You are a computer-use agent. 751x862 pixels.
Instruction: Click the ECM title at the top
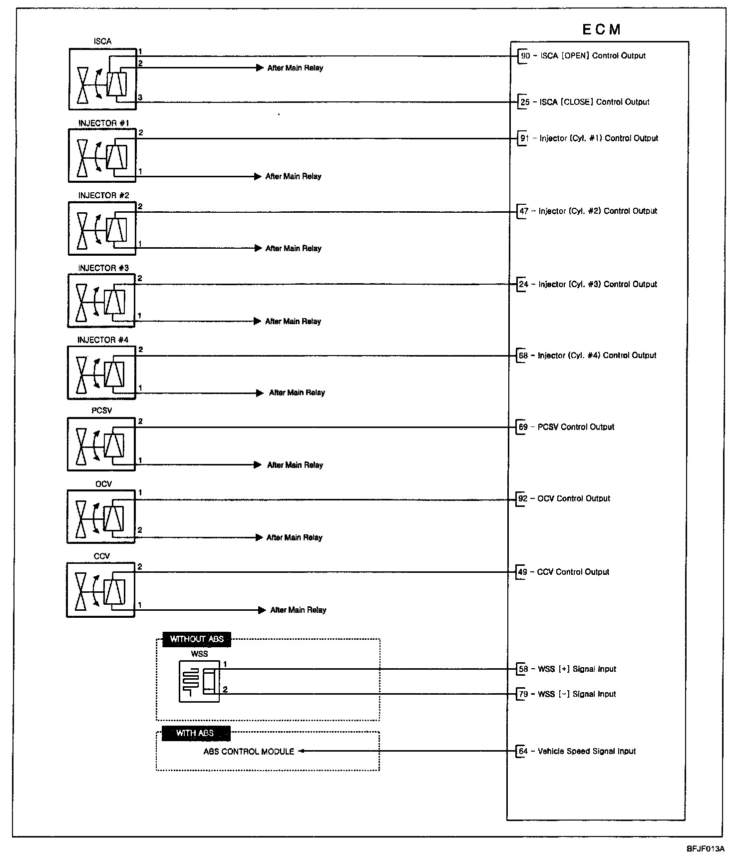(x=601, y=29)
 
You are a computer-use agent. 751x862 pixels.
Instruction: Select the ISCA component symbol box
(x=102, y=79)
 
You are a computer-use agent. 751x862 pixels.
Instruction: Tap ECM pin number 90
(x=525, y=56)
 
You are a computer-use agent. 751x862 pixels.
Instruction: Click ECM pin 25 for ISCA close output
(x=525, y=102)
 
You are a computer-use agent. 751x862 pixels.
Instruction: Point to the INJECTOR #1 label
(x=104, y=123)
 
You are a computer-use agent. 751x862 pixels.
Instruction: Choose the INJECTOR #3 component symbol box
(x=101, y=301)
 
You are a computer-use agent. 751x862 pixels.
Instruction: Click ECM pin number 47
(x=524, y=211)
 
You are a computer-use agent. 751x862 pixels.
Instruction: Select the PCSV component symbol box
(x=101, y=444)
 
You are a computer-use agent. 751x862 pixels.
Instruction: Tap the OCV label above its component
(x=103, y=483)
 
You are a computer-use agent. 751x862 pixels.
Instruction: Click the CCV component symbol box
(x=100, y=590)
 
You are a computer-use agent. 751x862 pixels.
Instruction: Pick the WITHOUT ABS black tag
(x=197, y=639)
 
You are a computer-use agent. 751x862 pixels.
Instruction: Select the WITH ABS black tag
(x=195, y=733)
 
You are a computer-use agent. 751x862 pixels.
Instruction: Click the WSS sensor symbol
(x=199, y=681)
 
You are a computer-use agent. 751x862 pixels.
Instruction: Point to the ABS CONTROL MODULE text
(x=249, y=751)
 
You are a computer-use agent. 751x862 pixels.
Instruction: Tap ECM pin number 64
(x=523, y=751)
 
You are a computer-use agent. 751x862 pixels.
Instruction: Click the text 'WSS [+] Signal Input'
(x=577, y=669)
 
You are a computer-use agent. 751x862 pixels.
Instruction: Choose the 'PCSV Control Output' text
(x=576, y=427)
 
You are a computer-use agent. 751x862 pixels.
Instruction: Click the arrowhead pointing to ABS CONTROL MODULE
(x=302, y=751)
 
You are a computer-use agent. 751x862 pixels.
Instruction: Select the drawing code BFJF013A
(x=705, y=849)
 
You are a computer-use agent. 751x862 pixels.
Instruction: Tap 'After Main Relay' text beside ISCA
(x=295, y=68)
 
